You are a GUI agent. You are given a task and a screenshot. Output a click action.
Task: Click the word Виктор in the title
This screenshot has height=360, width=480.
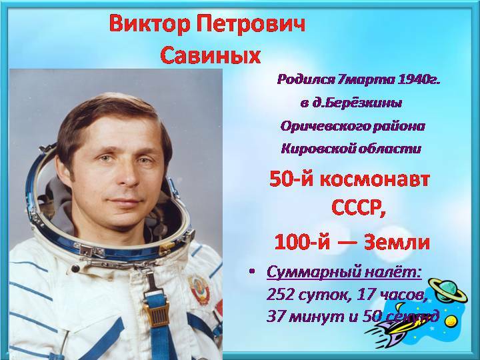point(149,24)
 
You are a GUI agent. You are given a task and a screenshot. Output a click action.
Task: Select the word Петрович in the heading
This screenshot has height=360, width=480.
point(251,24)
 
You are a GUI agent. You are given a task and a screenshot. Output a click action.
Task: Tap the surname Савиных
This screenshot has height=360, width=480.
point(210,55)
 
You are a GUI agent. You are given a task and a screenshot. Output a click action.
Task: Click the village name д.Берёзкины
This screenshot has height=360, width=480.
point(357,103)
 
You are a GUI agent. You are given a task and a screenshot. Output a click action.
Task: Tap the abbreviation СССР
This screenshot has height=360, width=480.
point(357,208)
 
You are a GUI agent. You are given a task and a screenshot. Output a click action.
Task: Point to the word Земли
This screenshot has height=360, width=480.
point(397,243)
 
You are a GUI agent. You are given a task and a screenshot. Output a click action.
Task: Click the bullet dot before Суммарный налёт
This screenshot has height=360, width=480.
point(252,271)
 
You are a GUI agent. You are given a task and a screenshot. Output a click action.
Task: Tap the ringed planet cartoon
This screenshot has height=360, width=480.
point(447,290)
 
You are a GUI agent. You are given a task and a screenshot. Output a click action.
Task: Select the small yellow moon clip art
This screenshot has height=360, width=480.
point(450,321)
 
